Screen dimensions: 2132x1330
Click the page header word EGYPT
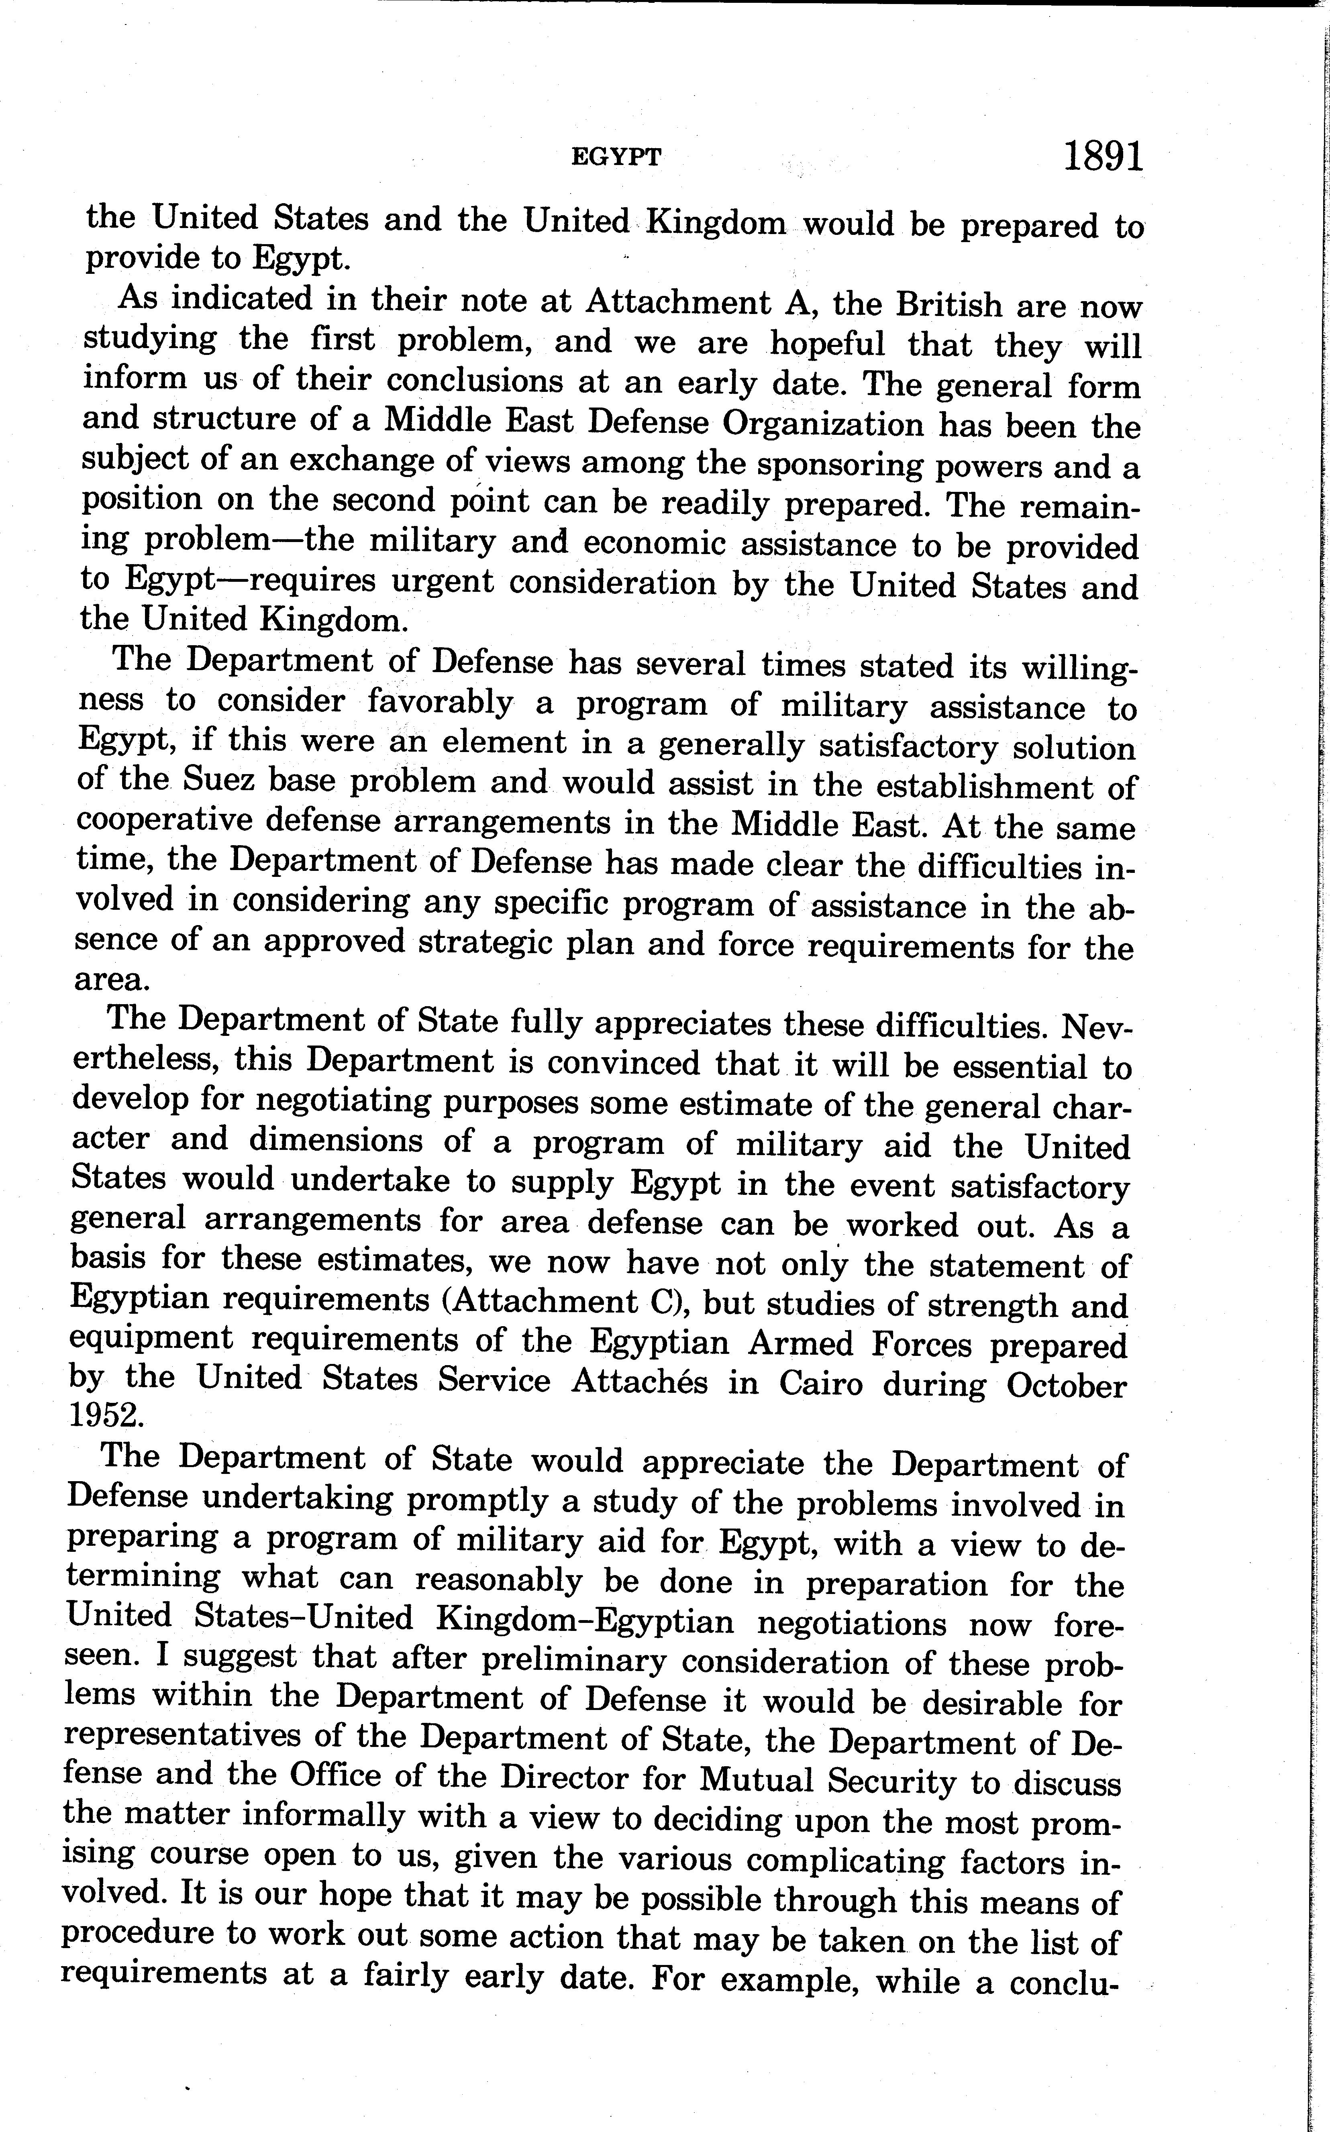pyautogui.click(x=616, y=157)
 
